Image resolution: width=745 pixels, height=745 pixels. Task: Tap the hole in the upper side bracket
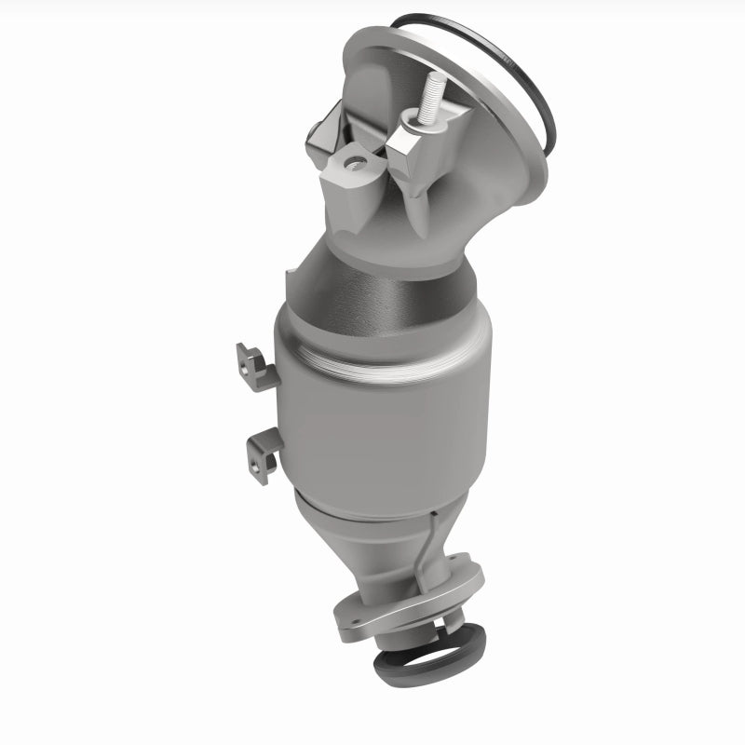tap(248, 367)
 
